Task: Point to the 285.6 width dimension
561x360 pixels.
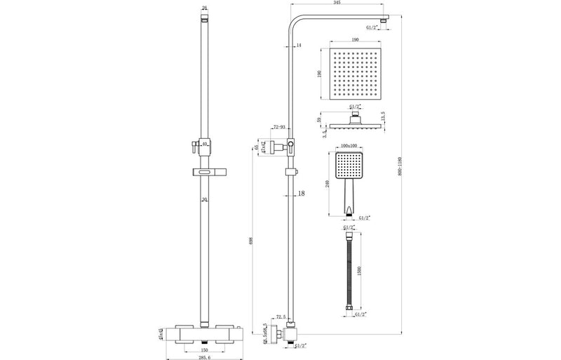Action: click(x=203, y=356)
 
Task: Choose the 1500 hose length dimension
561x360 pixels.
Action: click(x=359, y=272)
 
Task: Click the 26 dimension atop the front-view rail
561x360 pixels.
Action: click(x=204, y=8)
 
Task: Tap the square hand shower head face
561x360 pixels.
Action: click(x=349, y=166)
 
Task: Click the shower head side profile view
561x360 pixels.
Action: click(x=358, y=124)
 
